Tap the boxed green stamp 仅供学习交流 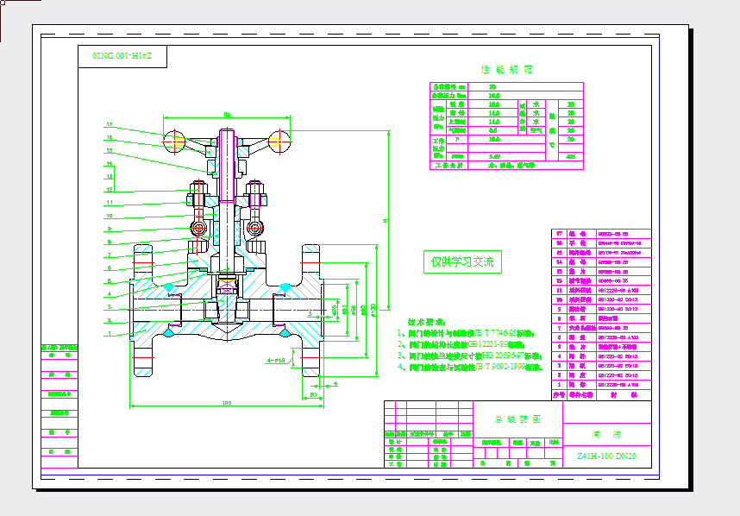pyautogui.click(x=462, y=262)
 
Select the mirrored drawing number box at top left pyautogui.click(x=122, y=57)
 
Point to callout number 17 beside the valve pyautogui.click(x=110, y=124)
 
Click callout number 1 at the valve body pyautogui.click(x=110, y=333)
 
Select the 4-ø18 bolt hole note pyautogui.click(x=277, y=361)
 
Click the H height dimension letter pyautogui.click(x=385, y=220)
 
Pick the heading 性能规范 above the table pyautogui.click(x=506, y=69)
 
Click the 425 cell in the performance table pyautogui.click(x=570, y=156)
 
